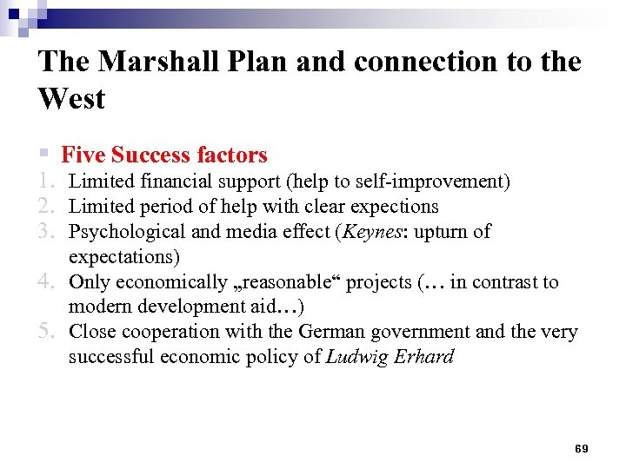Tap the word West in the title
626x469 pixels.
71,99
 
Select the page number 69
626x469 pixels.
581,448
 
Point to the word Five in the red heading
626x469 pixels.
83,155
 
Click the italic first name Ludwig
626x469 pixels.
355,357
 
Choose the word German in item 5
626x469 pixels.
330,332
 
